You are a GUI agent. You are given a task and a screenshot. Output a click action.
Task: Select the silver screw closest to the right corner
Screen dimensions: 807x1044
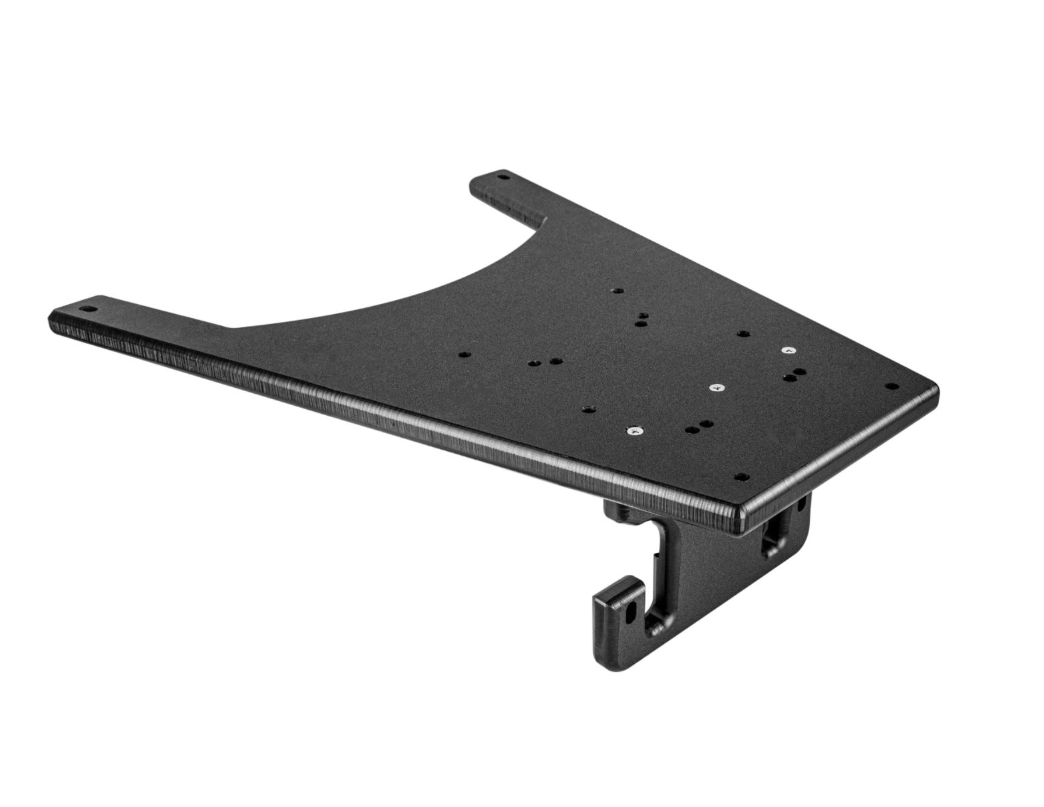pyautogui.click(x=788, y=349)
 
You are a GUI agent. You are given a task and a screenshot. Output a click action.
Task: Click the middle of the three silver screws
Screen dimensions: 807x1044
pyautogui.click(x=717, y=387)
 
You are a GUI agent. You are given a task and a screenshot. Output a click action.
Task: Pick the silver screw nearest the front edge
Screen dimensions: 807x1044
pyautogui.click(x=634, y=431)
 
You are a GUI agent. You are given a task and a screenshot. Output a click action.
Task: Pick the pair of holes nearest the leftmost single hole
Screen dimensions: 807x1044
pyautogui.click(x=543, y=362)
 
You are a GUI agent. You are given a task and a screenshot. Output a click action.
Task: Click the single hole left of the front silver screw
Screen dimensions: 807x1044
pyautogui.click(x=587, y=408)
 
